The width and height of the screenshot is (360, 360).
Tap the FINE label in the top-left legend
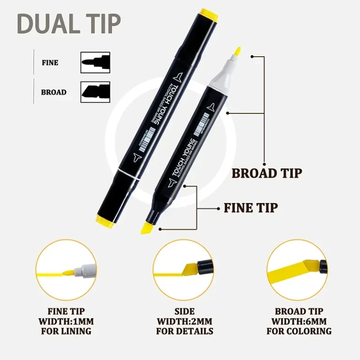pyautogui.click(x=50, y=62)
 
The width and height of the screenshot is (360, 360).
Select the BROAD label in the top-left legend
pyautogui.click(x=53, y=92)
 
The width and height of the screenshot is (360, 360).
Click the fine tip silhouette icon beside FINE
pyautogui.click(x=95, y=62)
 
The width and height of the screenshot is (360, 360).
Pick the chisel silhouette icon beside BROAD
pyautogui.click(x=95, y=91)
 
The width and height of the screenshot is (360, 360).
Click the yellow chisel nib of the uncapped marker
pyautogui.click(x=146, y=227)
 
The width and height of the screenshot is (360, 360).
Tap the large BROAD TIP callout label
pyautogui.click(x=267, y=173)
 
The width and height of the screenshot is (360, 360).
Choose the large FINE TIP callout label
pyautogui.click(x=250, y=207)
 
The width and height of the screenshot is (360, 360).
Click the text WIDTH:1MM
pyautogui.click(x=66, y=321)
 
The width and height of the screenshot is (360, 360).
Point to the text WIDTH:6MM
pyautogui.click(x=299, y=321)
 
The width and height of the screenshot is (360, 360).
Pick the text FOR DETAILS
pyautogui.click(x=185, y=331)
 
